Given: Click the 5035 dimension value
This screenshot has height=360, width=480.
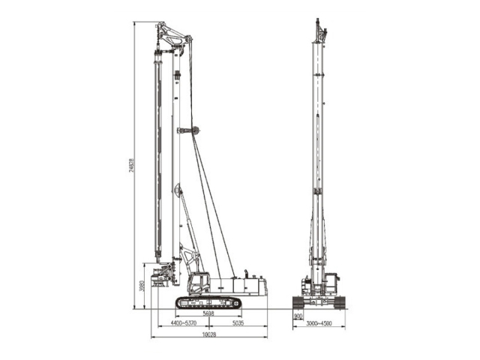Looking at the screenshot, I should tap(237, 323).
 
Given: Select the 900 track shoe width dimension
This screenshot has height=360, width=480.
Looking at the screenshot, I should tap(298, 316).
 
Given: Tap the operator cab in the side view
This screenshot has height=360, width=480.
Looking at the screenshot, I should tap(198, 283).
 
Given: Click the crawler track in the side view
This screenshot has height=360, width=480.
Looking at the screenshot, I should tap(208, 303).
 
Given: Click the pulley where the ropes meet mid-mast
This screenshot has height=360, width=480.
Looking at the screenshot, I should tap(195, 131).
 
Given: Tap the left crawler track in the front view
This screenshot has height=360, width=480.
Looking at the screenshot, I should tap(298, 302).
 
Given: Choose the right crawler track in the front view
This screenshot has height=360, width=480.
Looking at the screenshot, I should tap(340, 302).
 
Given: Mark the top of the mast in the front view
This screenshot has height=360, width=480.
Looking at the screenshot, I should tap(321, 31).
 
